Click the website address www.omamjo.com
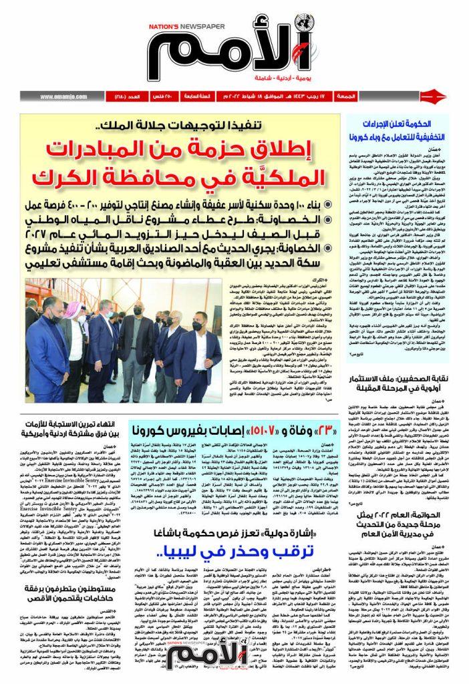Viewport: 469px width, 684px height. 67,97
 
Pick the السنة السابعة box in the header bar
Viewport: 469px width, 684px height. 198,97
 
